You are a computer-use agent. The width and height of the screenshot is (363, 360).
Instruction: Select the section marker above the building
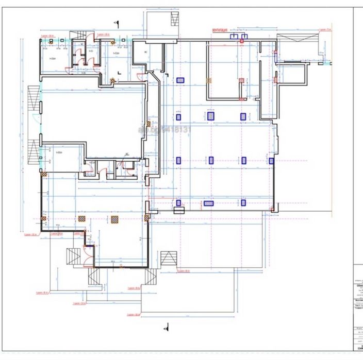pos(118,23)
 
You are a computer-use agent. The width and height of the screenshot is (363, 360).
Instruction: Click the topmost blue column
pos(180,80)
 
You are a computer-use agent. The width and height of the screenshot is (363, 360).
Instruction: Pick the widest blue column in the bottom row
pos(209,203)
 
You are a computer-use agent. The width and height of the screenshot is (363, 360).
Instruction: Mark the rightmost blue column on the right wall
pos(272,161)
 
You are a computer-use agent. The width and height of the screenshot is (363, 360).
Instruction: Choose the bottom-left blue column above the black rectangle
pos(179,202)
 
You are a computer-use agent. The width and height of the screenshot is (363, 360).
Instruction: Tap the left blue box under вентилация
pos(234,37)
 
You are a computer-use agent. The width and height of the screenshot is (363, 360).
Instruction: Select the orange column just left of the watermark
pos(148,124)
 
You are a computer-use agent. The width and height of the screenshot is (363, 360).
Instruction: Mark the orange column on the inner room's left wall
pos(208,80)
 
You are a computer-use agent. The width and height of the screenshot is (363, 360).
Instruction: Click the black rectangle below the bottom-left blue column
pos(179,210)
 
